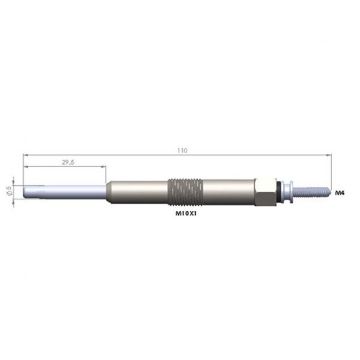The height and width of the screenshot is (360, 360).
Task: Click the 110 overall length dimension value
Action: pyautogui.click(x=182, y=150)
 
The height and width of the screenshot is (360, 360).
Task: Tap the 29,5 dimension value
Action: pyautogui.click(x=68, y=162)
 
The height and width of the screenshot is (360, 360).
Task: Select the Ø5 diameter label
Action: pyautogui.click(x=9, y=190)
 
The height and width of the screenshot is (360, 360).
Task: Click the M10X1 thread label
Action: pyautogui.click(x=186, y=213)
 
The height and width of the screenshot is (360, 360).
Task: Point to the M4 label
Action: pyautogui.click(x=340, y=192)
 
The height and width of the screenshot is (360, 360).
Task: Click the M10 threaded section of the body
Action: pyautogui.click(x=185, y=192)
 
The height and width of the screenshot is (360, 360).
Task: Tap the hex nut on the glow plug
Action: pyautogui.click(x=265, y=192)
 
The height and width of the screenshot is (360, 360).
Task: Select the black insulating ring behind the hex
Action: pyautogui.click(x=279, y=192)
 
